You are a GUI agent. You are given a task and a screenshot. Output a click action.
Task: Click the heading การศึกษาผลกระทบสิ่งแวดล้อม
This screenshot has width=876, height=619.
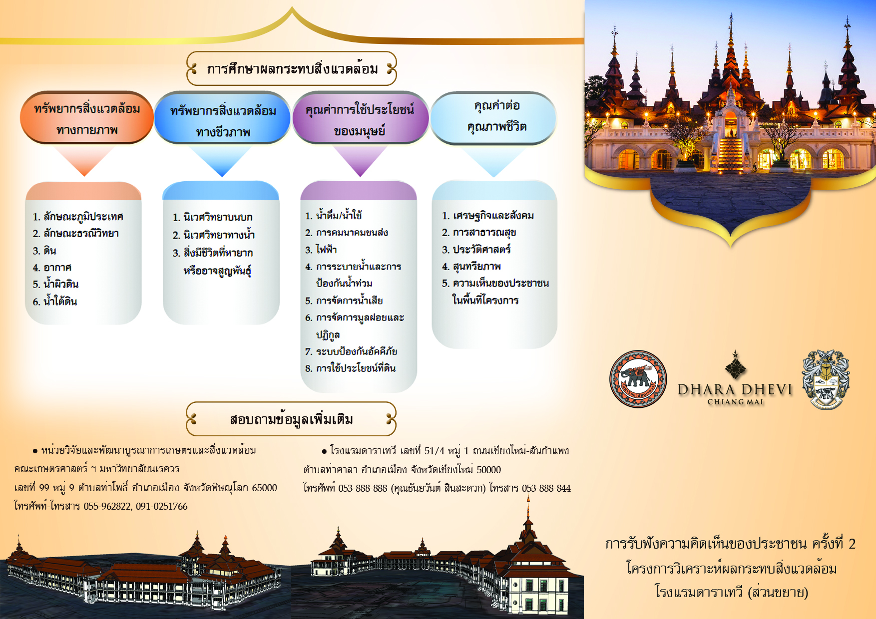coord(292,69)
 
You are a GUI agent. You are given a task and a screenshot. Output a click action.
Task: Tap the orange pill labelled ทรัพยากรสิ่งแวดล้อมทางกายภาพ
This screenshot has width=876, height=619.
coord(87,118)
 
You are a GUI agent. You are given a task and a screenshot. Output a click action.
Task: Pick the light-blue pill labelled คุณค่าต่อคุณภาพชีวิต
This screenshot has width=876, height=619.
coord(494,118)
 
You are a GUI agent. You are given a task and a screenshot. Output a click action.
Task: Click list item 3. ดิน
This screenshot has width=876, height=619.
coord(44,251)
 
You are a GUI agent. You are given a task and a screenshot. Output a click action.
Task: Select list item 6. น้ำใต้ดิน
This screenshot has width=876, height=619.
coord(55,301)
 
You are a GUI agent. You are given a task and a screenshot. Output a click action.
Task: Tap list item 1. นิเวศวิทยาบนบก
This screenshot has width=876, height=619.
coord(213,217)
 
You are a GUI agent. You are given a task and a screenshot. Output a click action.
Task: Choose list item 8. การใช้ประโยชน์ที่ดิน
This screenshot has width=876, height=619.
coord(351,368)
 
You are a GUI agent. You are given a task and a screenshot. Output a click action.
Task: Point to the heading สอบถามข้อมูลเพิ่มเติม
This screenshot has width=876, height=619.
coord(292,419)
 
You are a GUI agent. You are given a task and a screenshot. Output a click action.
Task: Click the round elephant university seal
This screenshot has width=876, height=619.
coord(638,379)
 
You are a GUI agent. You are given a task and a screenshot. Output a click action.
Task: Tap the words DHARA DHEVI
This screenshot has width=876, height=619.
coord(735,389)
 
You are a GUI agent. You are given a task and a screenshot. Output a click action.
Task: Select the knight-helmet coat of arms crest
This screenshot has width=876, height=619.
coord(826,379)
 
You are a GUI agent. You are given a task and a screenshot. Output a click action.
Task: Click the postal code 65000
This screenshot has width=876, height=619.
coord(264,488)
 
